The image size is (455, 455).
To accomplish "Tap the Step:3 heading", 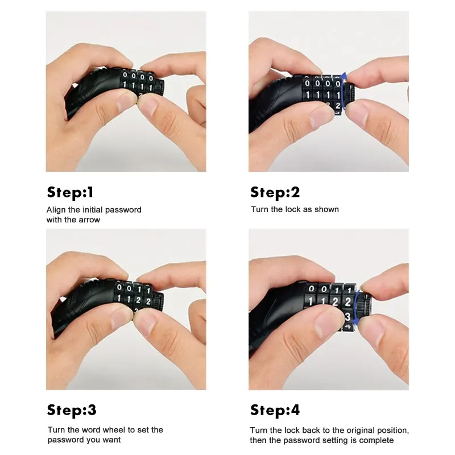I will tap(72, 410).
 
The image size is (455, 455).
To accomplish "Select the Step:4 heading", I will tap(275, 410).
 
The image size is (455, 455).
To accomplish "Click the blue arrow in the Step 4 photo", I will tap(357, 310).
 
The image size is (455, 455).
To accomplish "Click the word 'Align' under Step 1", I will tap(56, 209).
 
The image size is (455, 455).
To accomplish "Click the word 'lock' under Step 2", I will tap(293, 209).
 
